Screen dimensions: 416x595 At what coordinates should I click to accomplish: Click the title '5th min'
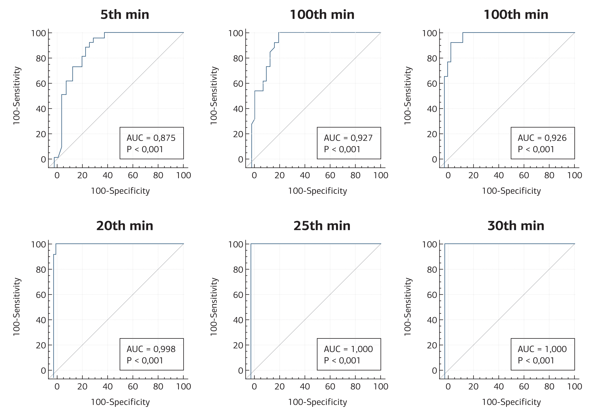point(125,14)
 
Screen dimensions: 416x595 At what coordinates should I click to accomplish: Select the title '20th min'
point(125,226)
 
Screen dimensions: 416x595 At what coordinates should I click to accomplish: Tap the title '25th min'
point(322,226)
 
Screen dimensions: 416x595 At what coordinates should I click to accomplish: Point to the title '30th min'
point(516,226)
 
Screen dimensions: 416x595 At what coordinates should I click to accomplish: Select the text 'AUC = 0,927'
point(348,138)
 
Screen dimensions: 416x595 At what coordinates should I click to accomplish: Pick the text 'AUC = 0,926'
point(542,138)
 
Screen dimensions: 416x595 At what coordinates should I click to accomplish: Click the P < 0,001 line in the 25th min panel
point(342,361)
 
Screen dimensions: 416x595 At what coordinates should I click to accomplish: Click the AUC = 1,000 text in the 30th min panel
point(542,349)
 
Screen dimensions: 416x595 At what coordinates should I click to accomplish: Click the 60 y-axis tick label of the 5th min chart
point(41,84)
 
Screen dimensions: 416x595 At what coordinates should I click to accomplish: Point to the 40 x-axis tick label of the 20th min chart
point(107,386)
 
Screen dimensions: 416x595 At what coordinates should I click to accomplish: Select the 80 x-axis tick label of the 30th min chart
point(549,386)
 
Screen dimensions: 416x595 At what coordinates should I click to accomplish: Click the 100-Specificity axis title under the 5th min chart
point(120,191)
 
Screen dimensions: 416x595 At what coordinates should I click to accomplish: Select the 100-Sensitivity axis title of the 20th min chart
point(17,307)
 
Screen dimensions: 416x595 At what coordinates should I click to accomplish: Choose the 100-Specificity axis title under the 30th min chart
point(511,402)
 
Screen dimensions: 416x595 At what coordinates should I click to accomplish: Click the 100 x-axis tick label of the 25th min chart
point(381,386)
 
